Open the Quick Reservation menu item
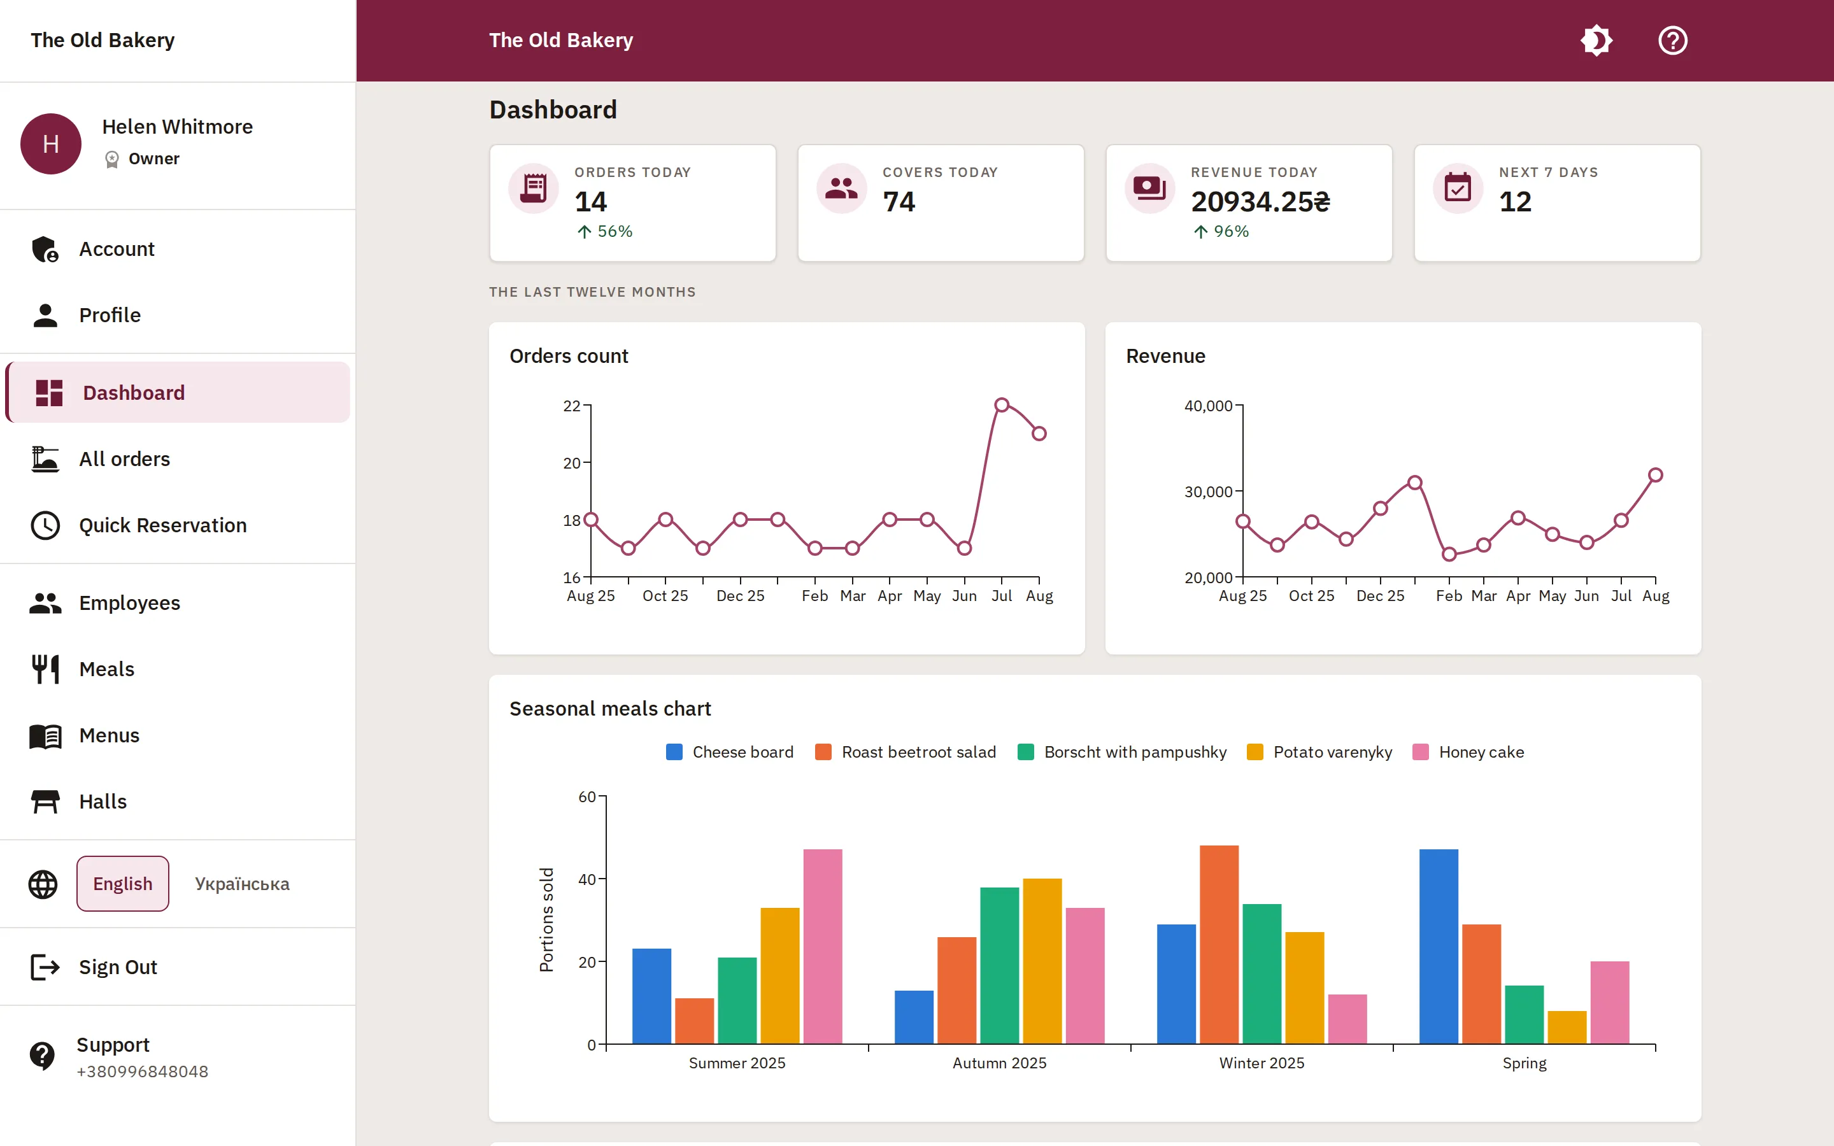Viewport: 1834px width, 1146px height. click(x=162, y=525)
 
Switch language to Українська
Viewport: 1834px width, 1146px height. click(x=242, y=884)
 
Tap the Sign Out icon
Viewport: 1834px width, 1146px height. click(x=45, y=967)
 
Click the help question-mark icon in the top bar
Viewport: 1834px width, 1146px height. click(x=1673, y=40)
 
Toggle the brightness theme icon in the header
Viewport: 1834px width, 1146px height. click(x=1596, y=40)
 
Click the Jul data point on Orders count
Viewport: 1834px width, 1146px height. click(x=1002, y=405)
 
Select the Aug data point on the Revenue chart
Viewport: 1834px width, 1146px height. click(x=1656, y=475)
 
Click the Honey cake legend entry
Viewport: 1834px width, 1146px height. click(x=1468, y=752)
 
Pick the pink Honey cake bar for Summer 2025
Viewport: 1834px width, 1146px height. click(x=822, y=947)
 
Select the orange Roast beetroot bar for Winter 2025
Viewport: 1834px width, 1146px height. click(x=1219, y=944)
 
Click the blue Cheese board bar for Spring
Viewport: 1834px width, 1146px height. click(x=1439, y=947)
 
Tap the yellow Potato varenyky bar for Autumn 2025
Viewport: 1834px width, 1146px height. click(x=1042, y=961)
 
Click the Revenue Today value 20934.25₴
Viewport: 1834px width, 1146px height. click(x=1260, y=202)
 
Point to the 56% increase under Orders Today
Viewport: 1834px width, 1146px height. click(x=605, y=231)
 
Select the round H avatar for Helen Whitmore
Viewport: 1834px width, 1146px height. click(x=51, y=144)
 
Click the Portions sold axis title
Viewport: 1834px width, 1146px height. click(x=546, y=919)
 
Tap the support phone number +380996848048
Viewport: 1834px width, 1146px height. click(x=143, y=1072)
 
